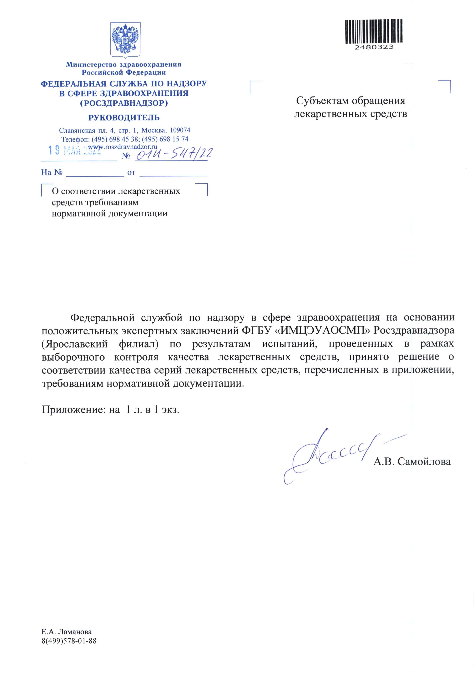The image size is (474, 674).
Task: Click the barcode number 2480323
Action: pos(374,47)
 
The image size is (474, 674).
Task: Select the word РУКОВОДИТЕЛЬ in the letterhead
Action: pos(124,118)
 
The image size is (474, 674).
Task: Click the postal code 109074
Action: pos(180,130)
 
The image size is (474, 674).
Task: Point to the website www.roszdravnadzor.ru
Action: pos(123,147)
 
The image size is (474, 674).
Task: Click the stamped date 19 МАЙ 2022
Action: pos(75,151)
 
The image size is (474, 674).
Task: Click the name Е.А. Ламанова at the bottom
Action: pos(67,632)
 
